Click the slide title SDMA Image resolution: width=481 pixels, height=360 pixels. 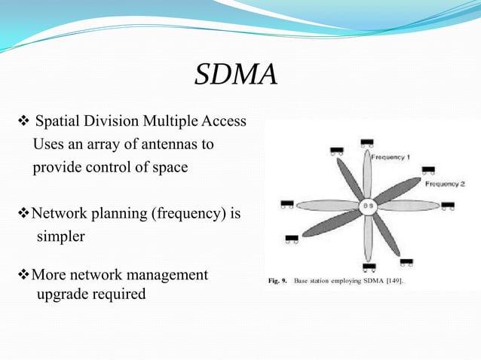pyautogui.click(x=236, y=75)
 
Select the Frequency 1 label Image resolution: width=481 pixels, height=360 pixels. pyautogui.click(x=391, y=157)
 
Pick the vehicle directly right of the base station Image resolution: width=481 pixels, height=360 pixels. pyautogui.click(x=448, y=205)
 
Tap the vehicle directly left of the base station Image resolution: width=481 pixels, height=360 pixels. pyautogui.click(x=286, y=204)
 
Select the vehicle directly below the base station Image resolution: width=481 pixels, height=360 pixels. pyautogui.click(x=369, y=267)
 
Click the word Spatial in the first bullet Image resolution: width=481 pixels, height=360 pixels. pyautogui.click(x=59, y=121)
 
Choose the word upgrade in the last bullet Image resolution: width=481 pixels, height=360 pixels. pyautogui.click(x=63, y=294)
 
